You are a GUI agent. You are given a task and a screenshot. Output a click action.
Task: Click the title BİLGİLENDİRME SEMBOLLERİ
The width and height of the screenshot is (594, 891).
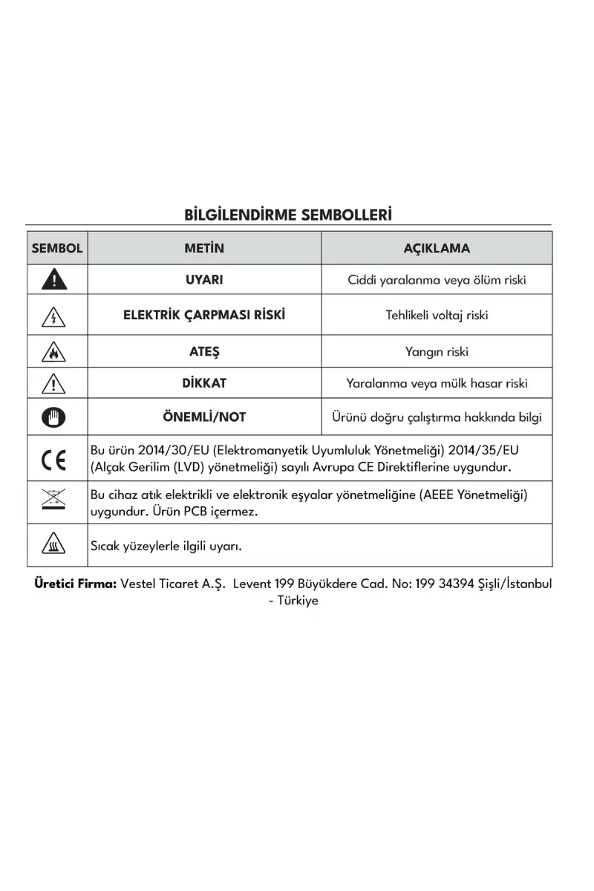pyautogui.click(x=288, y=215)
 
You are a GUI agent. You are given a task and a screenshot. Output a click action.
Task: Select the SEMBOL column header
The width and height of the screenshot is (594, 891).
pyautogui.click(x=57, y=248)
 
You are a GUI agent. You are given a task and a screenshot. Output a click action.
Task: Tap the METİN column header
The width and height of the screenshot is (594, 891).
pyautogui.click(x=204, y=248)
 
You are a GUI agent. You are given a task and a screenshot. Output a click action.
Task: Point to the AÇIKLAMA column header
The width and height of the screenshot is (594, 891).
pyautogui.click(x=437, y=248)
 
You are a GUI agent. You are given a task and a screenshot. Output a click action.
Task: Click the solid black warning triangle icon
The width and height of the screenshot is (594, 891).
pyautogui.click(x=54, y=280)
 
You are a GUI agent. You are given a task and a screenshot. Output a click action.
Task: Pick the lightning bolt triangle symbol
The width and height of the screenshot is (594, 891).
pyautogui.click(x=54, y=316)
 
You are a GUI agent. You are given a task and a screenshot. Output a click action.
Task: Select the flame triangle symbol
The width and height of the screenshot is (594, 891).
pyautogui.click(x=54, y=351)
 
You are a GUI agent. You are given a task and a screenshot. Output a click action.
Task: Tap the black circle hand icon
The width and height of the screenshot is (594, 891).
pyautogui.click(x=54, y=417)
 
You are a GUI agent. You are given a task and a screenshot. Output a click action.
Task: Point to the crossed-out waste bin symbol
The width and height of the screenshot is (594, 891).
pyautogui.click(x=54, y=502)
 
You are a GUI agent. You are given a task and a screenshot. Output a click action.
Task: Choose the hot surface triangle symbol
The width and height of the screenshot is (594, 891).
pyautogui.click(x=54, y=546)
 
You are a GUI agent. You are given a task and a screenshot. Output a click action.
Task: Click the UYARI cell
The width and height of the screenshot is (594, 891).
pyautogui.click(x=204, y=280)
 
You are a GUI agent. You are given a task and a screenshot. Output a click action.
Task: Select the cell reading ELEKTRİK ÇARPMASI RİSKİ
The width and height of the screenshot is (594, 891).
pyautogui.click(x=204, y=315)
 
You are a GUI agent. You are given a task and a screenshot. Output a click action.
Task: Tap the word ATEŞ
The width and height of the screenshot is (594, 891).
pyautogui.click(x=204, y=351)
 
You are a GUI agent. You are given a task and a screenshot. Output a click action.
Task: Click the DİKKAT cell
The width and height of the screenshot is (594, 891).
pyautogui.click(x=204, y=383)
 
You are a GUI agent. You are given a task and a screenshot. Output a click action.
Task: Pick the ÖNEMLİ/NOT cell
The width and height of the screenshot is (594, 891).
pyautogui.click(x=204, y=417)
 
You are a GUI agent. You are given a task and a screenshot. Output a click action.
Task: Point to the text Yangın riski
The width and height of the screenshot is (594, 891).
pyautogui.click(x=437, y=352)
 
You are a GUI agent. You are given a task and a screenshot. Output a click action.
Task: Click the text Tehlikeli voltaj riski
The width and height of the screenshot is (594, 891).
pyautogui.click(x=437, y=315)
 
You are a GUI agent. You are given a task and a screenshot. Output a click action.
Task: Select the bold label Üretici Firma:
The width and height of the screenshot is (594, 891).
pyautogui.click(x=75, y=584)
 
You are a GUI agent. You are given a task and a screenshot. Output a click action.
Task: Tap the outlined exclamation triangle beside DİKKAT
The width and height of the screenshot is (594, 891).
pyautogui.click(x=54, y=384)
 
